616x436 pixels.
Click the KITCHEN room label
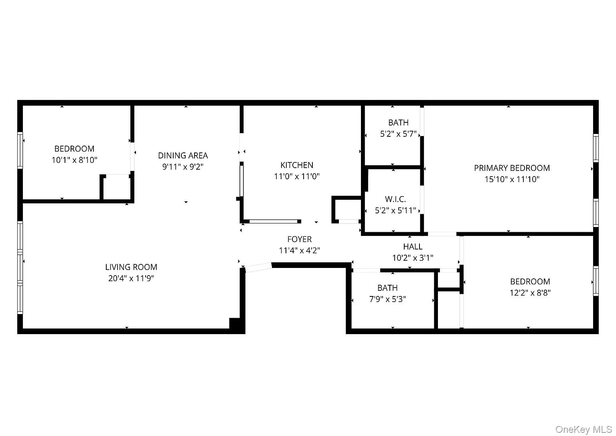pyautogui.click(x=297, y=165)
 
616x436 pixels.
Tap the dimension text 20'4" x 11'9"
pyautogui.click(x=131, y=278)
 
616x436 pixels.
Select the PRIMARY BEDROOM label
pyautogui.click(x=512, y=168)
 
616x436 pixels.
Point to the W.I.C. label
pyautogui.click(x=395, y=199)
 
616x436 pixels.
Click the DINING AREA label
pyautogui.click(x=183, y=156)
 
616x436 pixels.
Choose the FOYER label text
pyautogui.click(x=300, y=239)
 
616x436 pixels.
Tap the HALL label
pyautogui.click(x=413, y=246)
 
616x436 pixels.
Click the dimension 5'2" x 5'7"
pyautogui.click(x=398, y=134)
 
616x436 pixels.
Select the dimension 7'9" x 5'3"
pyautogui.click(x=387, y=299)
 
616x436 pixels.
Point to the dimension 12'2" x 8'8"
pyautogui.click(x=530, y=293)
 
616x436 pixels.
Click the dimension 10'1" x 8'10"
pyautogui.click(x=74, y=160)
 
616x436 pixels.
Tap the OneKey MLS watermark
pyautogui.click(x=584, y=430)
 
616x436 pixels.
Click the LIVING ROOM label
pyautogui.click(x=131, y=267)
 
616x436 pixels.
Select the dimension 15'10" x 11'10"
pyautogui.click(x=512, y=179)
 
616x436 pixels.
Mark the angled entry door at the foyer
pyautogui.click(x=258, y=267)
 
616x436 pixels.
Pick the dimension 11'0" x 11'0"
pyautogui.click(x=297, y=176)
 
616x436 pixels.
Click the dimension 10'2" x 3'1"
pyautogui.click(x=413, y=258)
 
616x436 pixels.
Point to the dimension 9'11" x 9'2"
pyautogui.click(x=183, y=167)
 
